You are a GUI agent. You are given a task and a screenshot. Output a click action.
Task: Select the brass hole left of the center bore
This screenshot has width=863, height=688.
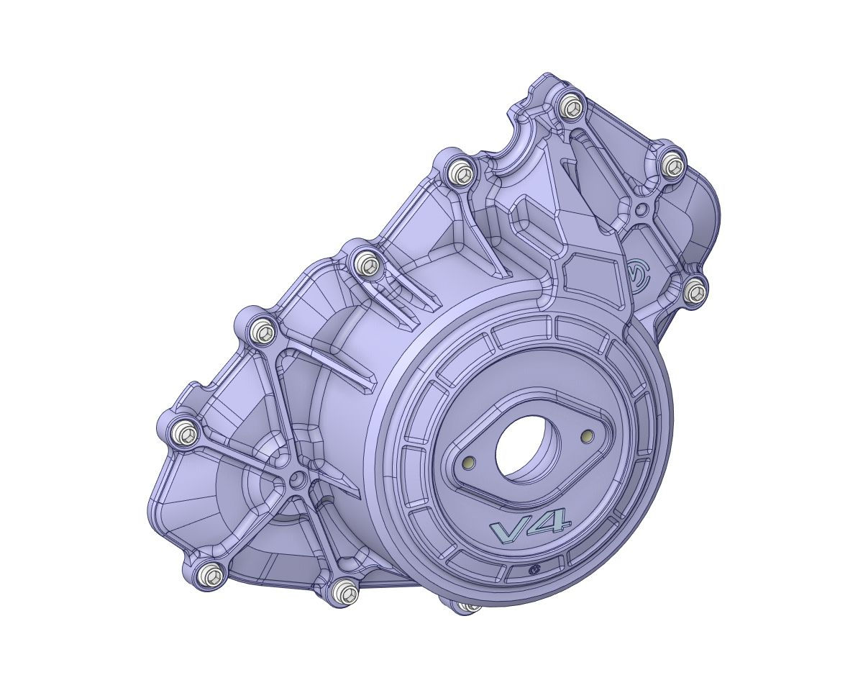click(470, 461)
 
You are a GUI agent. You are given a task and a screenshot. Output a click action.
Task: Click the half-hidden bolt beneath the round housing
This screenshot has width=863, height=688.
click(468, 607)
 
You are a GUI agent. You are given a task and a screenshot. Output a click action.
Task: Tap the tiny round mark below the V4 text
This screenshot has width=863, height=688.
click(534, 569)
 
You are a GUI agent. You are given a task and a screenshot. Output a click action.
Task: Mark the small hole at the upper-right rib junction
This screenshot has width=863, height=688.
click(641, 209)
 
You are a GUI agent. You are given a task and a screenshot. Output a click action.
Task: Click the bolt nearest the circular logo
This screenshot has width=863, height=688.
click(694, 291)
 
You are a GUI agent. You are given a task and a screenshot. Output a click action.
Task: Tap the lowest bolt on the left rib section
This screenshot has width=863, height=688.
click(346, 592)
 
